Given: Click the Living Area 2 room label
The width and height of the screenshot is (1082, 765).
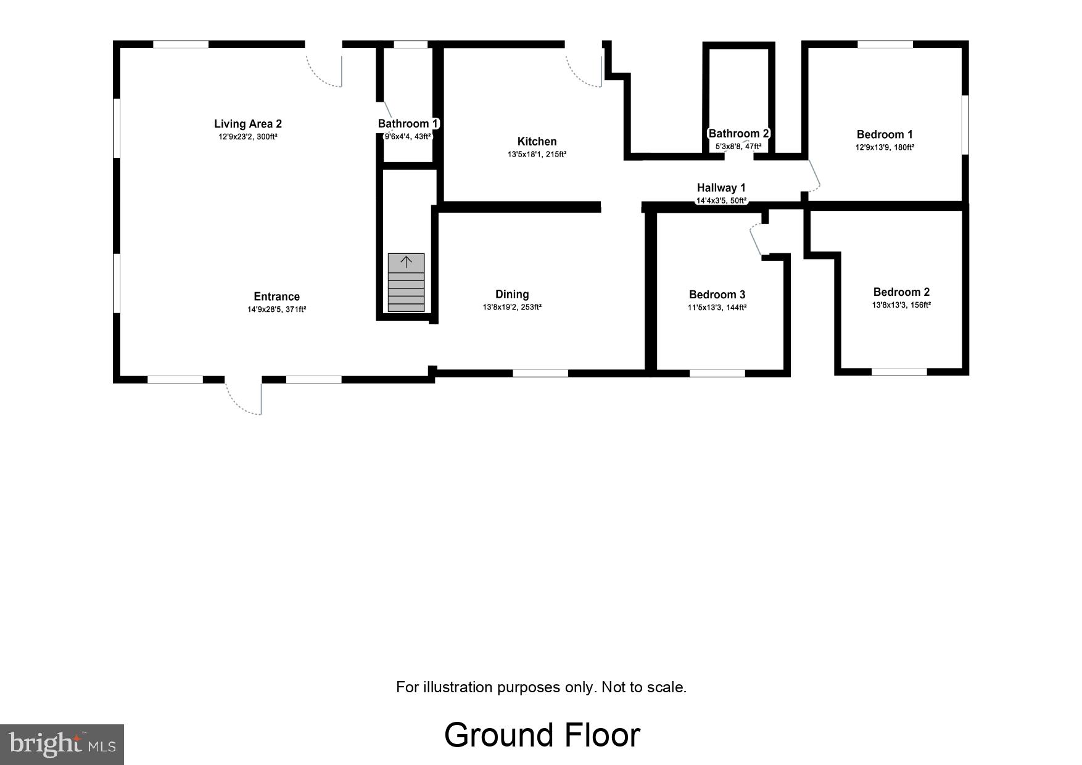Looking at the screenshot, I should (247, 124).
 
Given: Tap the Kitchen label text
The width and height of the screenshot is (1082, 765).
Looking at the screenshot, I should (537, 142).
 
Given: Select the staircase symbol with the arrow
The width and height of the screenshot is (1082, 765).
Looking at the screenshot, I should (406, 282).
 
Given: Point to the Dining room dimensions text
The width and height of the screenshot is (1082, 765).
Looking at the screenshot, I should (512, 307).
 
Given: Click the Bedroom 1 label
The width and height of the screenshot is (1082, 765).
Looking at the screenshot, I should (885, 134).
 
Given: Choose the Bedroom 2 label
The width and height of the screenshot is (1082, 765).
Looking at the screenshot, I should (901, 292).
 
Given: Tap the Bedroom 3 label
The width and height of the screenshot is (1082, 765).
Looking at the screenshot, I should (717, 295).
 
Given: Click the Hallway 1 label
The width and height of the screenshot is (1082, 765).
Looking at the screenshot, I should (721, 188).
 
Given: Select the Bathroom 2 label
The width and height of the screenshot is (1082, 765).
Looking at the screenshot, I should (738, 134).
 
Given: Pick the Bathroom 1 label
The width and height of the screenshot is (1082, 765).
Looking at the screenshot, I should (408, 124).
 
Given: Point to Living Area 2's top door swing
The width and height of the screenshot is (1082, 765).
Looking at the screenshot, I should (323, 71).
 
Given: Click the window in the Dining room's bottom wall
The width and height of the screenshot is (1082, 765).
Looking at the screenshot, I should (540, 373).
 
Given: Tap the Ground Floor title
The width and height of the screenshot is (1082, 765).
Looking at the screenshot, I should (542, 735).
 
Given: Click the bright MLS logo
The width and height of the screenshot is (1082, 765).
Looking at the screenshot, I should (62, 744).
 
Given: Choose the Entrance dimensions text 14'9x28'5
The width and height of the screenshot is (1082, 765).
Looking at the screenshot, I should (276, 309).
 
